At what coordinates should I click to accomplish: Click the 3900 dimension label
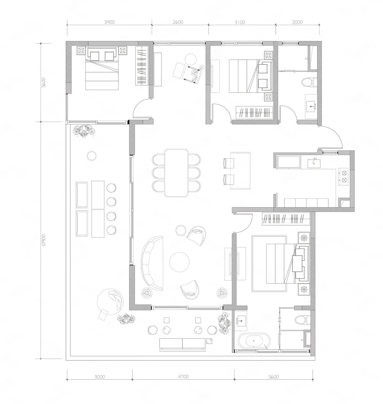tap(109, 22)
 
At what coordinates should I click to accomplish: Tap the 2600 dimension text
tap(178, 22)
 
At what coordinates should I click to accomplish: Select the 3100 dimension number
tap(240, 22)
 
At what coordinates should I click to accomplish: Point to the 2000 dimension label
tap(297, 22)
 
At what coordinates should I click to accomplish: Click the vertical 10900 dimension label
tap(44, 240)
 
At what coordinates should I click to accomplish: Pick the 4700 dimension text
tap(183, 377)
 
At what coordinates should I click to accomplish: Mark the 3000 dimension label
tap(99, 377)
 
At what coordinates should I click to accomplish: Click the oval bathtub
tap(254, 340)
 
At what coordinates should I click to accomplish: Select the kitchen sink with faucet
tap(314, 163)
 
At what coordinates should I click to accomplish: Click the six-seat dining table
tap(176, 173)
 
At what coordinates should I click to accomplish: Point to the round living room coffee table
tap(180, 262)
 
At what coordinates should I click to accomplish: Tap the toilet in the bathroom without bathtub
tap(310, 82)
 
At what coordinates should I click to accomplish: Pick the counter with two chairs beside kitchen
tap(240, 171)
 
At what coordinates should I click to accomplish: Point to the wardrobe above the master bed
tap(286, 219)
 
